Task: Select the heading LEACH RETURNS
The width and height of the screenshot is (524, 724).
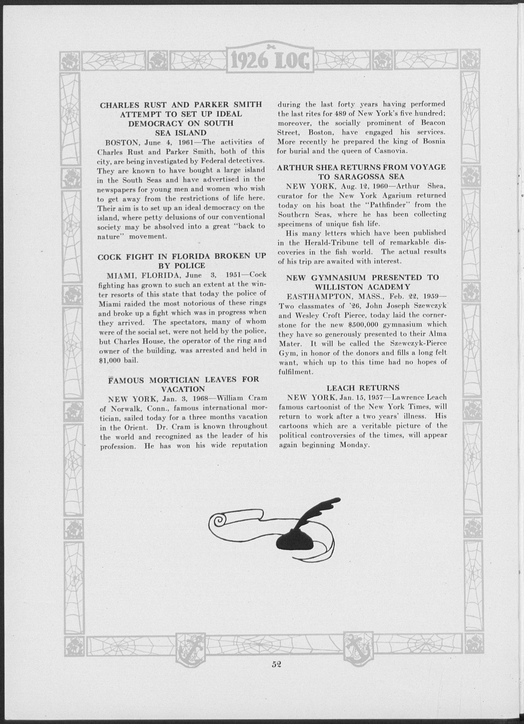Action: (x=363, y=388)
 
